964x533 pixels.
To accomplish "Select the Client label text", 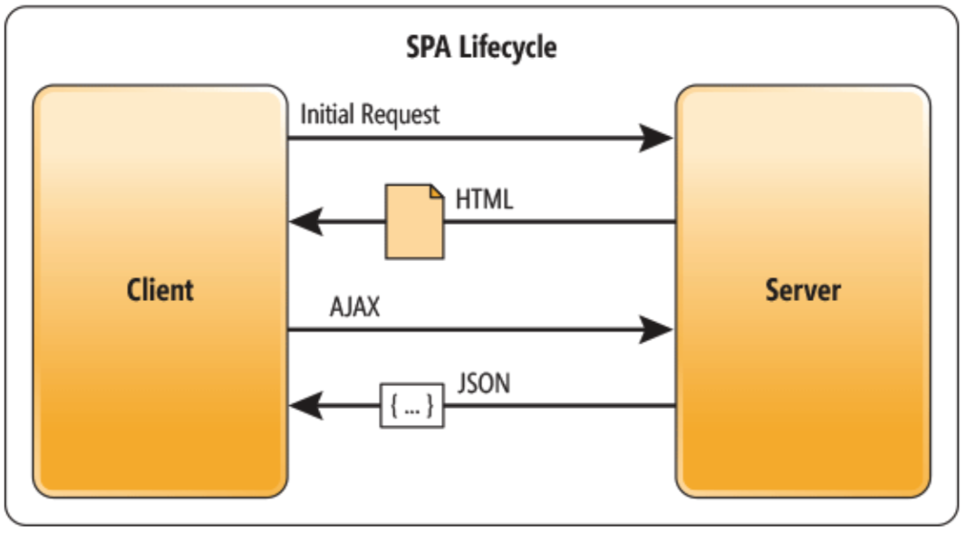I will [x=160, y=290].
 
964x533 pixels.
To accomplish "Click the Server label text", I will [x=803, y=290].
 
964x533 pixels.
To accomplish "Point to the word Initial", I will [x=327, y=115].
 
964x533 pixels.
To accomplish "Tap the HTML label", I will [x=485, y=199].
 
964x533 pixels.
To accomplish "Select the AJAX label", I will [x=354, y=307].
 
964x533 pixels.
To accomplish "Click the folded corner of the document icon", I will [x=436, y=191].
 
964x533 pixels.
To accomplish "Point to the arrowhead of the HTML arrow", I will [x=304, y=221].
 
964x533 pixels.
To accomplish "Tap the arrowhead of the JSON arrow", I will [x=304, y=407].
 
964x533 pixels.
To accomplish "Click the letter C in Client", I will [x=134, y=290].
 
